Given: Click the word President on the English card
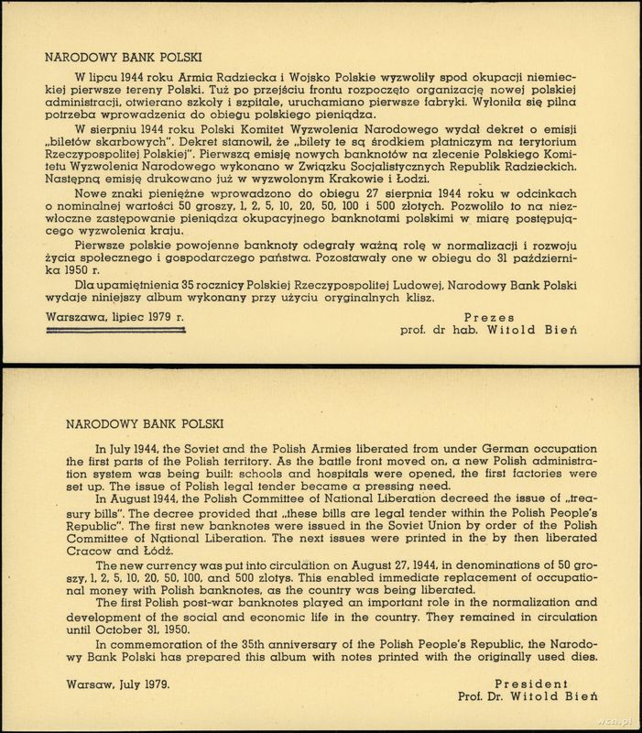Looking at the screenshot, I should (531, 684).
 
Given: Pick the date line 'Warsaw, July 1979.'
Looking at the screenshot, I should (118, 684).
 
